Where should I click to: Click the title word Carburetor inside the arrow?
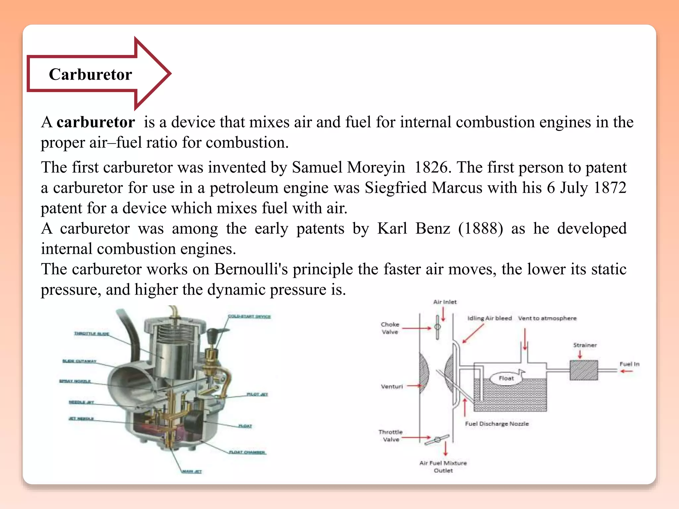pyautogui.click(x=91, y=74)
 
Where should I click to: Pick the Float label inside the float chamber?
pyautogui.click(x=506, y=378)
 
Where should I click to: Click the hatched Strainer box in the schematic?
pyautogui.click(x=584, y=370)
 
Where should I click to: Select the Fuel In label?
pyautogui.click(x=629, y=364)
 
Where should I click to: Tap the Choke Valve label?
pyautogui.click(x=390, y=328)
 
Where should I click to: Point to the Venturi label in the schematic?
pyautogui.click(x=392, y=386)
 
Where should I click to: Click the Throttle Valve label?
pyautogui.click(x=391, y=436)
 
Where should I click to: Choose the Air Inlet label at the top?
pyautogui.click(x=445, y=302)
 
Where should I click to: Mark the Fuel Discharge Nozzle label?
pyautogui.click(x=497, y=424)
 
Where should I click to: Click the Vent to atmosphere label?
pyautogui.click(x=547, y=318)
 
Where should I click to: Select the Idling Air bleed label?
pyautogui.click(x=489, y=318)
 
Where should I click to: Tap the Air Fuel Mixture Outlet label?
pyautogui.click(x=443, y=467)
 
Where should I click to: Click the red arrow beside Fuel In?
pyautogui.click(x=626, y=371)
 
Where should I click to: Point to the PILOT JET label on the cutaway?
pyautogui.click(x=257, y=394)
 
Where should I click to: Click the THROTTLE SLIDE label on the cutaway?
pyautogui.click(x=92, y=333)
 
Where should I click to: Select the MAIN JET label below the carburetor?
pyautogui.click(x=192, y=471)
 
